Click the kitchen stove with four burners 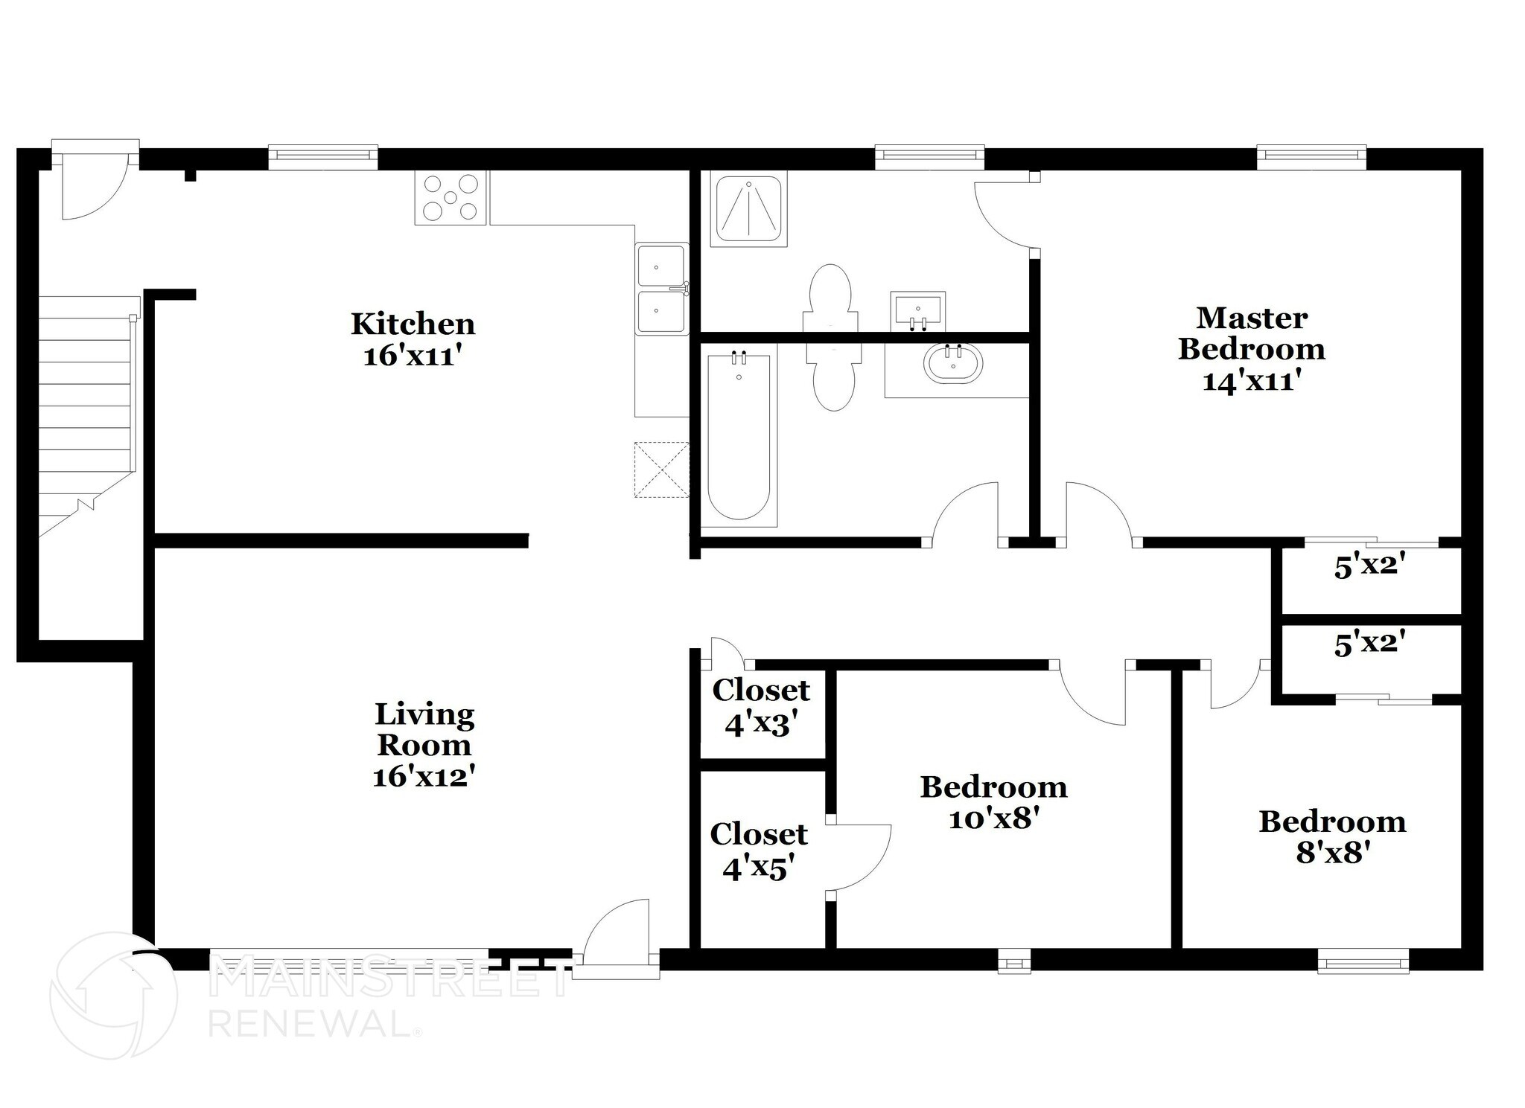point(451,197)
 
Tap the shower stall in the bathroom point(748,208)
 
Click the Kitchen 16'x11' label point(413,339)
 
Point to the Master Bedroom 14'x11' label point(1252,349)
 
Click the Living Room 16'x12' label point(424,745)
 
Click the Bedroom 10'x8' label point(993,802)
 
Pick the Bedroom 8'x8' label point(1332,836)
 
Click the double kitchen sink point(661,288)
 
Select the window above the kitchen point(322,155)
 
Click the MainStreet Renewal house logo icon point(113,995)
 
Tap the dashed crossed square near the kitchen point(661,470)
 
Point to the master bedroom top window point(1311,155)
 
